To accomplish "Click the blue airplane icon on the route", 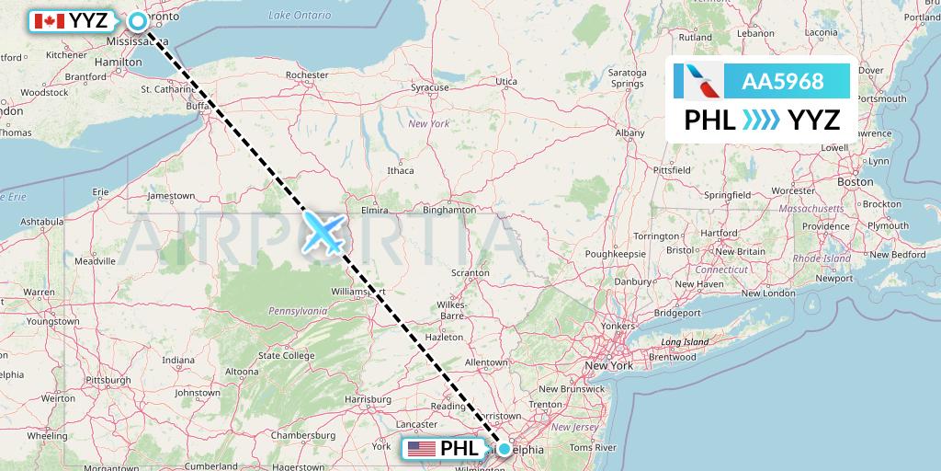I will coord(323,232).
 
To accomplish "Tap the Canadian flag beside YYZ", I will coord(48,20).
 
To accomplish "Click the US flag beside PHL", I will coord(423,450).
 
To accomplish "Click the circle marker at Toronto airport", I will coord(138,20).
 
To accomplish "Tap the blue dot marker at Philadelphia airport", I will coord(505,449).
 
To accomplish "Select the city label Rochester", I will coord(307,75).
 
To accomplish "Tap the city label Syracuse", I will coord(429,87).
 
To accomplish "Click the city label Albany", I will coord(629,132).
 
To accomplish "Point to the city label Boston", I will coord(855,182).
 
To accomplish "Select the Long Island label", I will coord(684,342).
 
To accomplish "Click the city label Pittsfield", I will coord(671,170).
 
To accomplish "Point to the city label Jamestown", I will coord(171,195).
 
